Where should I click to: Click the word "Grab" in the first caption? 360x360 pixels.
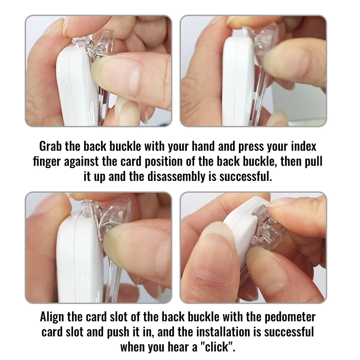coord(50,146)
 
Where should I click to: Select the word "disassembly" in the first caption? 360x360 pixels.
coord(176,176)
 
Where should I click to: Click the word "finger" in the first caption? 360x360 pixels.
coord(47,162)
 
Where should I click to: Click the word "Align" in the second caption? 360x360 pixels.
coord(52,317)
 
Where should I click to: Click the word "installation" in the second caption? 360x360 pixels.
coord(223,332)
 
